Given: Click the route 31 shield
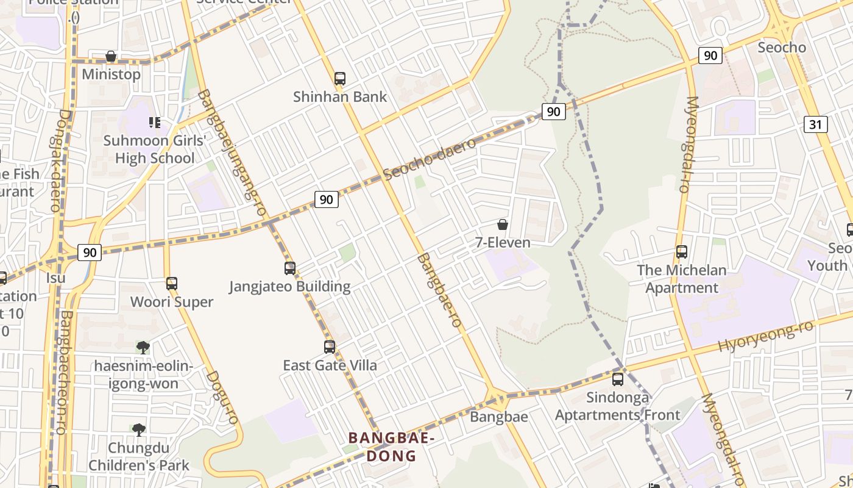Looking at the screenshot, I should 816,124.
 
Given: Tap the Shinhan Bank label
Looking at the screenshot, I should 340,96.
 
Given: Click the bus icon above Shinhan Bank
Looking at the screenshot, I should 340,78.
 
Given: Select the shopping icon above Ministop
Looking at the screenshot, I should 111,57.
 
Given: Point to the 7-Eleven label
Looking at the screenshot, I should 503,242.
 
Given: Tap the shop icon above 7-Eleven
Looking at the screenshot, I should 503,224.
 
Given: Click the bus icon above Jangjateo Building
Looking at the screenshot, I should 290,268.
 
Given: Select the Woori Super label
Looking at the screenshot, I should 172,302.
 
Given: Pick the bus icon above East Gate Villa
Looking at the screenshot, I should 330,346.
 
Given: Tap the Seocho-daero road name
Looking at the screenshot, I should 430,160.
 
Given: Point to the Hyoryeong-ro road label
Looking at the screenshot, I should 766,336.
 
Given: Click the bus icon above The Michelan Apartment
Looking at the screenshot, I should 682,251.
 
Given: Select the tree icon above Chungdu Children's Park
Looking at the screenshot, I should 139,429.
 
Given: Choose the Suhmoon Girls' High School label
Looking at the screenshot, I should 155,149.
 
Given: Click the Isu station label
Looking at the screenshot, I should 55,278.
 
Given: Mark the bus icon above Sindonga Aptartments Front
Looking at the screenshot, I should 618,379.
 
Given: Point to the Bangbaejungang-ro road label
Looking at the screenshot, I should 233,152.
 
